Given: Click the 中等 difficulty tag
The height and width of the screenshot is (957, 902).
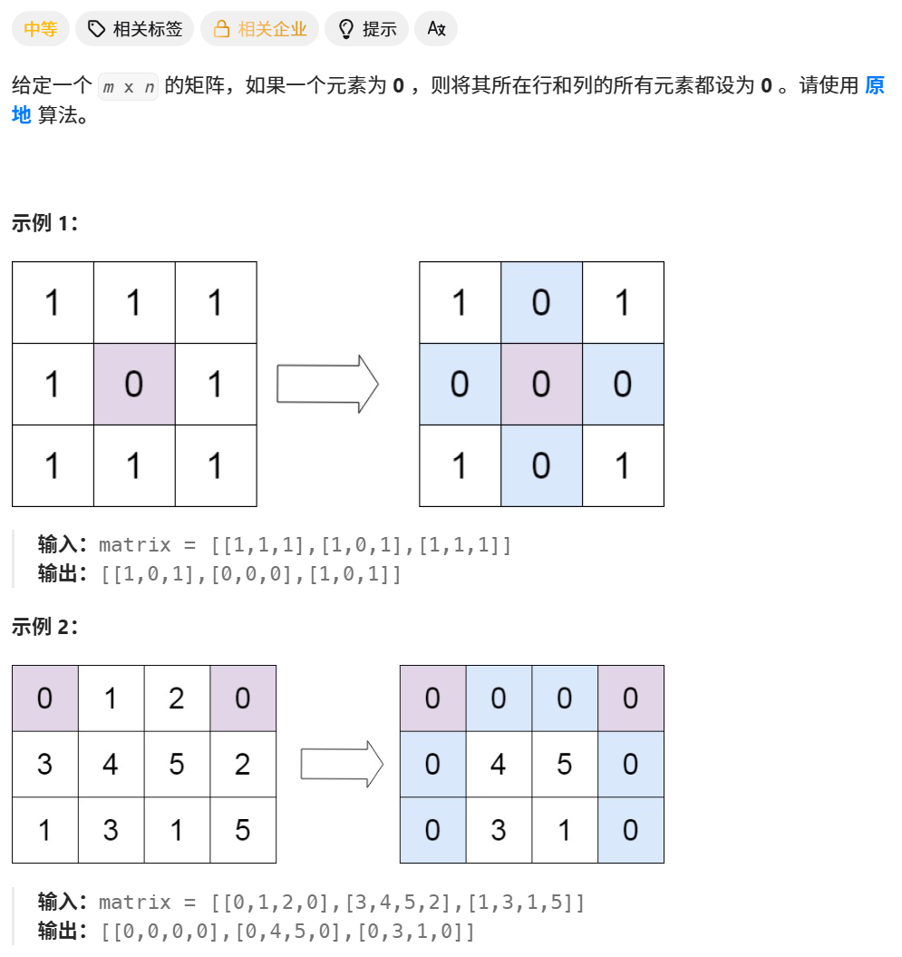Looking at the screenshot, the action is coord(40,29).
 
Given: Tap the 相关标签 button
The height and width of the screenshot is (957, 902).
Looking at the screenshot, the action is coord(135,29).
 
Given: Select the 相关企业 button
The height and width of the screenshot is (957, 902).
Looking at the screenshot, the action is coord(259,29).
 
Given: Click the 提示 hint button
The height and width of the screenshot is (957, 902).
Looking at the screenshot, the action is coord(366,29).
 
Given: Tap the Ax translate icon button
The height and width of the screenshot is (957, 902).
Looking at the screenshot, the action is coord(436,29).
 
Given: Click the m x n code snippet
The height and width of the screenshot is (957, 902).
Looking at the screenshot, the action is coord(128,87).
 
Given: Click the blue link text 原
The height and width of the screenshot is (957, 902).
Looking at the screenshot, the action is coord(874,86).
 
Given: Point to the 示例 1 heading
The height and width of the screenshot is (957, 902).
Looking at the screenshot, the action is coord(44,224).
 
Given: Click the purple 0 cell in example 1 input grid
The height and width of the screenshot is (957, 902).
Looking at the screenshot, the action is coord(134,385).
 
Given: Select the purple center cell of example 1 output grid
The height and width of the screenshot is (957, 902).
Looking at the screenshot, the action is coord(541,385).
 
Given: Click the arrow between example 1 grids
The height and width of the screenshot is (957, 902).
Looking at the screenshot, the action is coord(327,384).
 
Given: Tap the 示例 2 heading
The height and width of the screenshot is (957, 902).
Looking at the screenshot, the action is coord(44,627).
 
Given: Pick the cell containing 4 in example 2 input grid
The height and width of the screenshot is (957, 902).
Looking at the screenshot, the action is coord(111,764).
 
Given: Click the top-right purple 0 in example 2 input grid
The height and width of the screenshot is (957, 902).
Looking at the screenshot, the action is coord(243,698).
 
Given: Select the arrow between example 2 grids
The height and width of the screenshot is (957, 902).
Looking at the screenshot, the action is coord(342,764).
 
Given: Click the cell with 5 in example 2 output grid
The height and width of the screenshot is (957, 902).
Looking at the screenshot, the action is coord(565,764).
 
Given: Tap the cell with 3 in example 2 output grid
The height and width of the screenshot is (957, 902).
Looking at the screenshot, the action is coord(499,830).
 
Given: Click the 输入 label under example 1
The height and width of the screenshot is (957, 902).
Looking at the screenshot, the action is coord(60,545).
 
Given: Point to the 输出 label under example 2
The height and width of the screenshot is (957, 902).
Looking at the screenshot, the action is coord(60,932).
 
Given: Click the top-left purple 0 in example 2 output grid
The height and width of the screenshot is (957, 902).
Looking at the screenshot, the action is coord(432,698).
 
